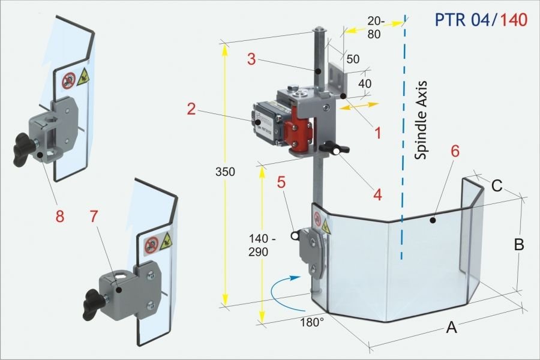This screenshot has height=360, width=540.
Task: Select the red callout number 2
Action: tap(191, 109)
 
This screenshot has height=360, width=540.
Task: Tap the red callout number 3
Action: tap(252, 59)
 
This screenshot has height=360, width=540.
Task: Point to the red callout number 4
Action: tap(377, 194)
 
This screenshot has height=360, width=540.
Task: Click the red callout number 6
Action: tap(455, 151)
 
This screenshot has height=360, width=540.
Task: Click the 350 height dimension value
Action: tap(227, 172)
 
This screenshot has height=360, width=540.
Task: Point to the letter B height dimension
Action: tap(520, 244)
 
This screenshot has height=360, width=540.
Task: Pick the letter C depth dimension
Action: tap(497, 186)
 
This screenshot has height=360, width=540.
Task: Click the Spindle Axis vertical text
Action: tap(421, 119)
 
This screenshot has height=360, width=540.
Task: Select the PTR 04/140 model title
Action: tap(480, 20)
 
